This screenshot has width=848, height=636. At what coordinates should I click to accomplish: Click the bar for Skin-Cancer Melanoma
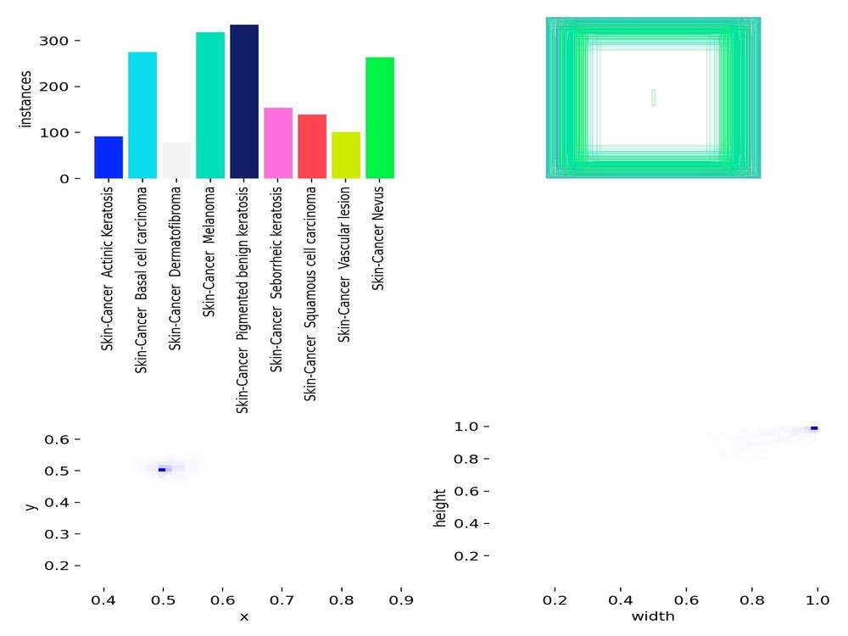(210, 105)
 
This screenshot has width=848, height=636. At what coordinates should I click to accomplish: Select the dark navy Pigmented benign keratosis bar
(244, 102)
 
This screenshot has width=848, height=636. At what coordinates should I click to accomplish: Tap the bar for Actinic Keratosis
(109, 158)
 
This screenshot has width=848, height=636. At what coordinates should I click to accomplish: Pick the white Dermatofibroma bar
(176, 160)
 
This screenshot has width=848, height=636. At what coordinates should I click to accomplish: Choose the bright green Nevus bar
(380, 118)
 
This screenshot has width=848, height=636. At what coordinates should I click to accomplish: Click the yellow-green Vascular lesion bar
(346, 155)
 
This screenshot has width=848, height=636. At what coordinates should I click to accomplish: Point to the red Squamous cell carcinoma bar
(312, 147)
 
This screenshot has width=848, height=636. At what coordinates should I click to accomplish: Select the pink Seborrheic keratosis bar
(278, 143)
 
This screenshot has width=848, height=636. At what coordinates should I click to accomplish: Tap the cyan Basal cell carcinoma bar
(142, 115)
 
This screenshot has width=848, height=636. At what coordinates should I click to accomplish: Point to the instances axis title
(25, 99)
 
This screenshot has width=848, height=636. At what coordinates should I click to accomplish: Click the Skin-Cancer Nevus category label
(377, 238)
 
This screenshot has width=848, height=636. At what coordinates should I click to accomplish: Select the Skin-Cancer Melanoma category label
(209, 252)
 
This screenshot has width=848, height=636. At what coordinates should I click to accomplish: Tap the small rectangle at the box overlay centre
(653, 98)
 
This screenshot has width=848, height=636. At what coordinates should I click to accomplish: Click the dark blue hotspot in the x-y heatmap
(162, 470)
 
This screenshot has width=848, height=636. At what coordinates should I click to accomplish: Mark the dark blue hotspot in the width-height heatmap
(814, 428)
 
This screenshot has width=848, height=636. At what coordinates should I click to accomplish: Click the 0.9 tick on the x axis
(401, 600)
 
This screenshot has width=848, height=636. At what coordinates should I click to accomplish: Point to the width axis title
(653, 616)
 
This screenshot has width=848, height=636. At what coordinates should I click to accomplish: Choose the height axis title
(440, 508)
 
